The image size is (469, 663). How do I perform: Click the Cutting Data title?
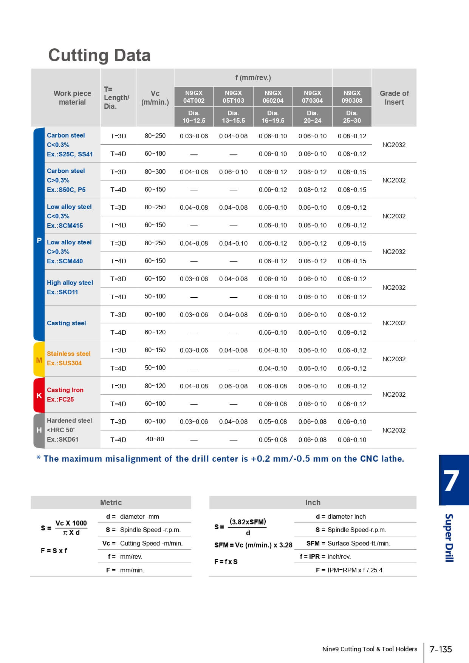click(99, 55)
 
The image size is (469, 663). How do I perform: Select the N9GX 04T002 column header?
click(194, 97)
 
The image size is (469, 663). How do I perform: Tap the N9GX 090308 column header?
click(352, 97)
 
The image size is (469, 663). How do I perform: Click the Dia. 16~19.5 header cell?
click(273, 117)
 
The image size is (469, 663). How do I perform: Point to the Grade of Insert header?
click(394, 97)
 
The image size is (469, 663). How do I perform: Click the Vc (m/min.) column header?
click(155, 97)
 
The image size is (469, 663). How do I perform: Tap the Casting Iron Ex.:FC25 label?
click(65, 394)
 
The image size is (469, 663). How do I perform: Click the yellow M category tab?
click(39, 360)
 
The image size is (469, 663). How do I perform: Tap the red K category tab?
click(39, 396)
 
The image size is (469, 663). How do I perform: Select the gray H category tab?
click(39, 430)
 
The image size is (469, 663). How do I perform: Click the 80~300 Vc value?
click(155, 172)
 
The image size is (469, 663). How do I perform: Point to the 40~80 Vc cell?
click(155, 439)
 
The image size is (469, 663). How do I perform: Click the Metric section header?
click(111, 502)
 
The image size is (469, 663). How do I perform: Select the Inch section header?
click(313, 502)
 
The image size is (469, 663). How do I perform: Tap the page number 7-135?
click(441, 649)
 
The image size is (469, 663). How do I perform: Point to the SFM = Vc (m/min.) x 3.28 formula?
click(253, 545)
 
